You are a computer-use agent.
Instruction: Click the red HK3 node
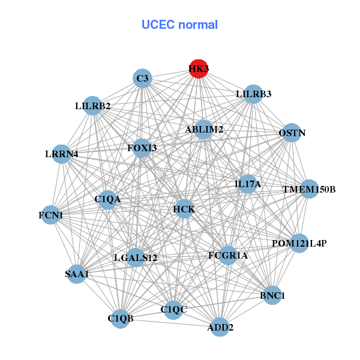(x=199, y=69)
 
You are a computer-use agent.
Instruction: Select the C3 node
(x=142, y=79)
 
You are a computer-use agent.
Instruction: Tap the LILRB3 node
(x=253, y=94)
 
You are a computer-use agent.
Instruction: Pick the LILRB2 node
(x=92, y=106)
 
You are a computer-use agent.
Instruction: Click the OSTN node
(x=291, y=133)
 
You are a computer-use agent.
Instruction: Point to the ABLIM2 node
(x=203, y=130)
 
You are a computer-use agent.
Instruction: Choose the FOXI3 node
(x=142, y=148)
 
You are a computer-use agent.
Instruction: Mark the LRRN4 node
(x=61, y=154)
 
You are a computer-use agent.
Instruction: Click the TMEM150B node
(x=308, y=190)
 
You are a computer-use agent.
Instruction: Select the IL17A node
(x=248, y=184)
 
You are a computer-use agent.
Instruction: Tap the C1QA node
(x=107, y=199)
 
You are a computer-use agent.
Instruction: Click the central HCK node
(x=184, y=209)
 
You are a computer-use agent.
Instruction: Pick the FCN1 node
(x=50, y=215)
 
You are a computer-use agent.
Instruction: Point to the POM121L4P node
(x=299, y=243)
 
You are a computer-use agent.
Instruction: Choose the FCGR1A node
(x=228, y=256)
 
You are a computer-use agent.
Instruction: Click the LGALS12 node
(x=136, y=258)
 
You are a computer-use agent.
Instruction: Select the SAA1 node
(x=77, y=274)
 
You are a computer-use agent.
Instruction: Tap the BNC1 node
(x=273, y=295)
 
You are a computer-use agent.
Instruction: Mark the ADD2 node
(x=220, y=327)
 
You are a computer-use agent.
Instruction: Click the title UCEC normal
(x=179, y=25)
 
